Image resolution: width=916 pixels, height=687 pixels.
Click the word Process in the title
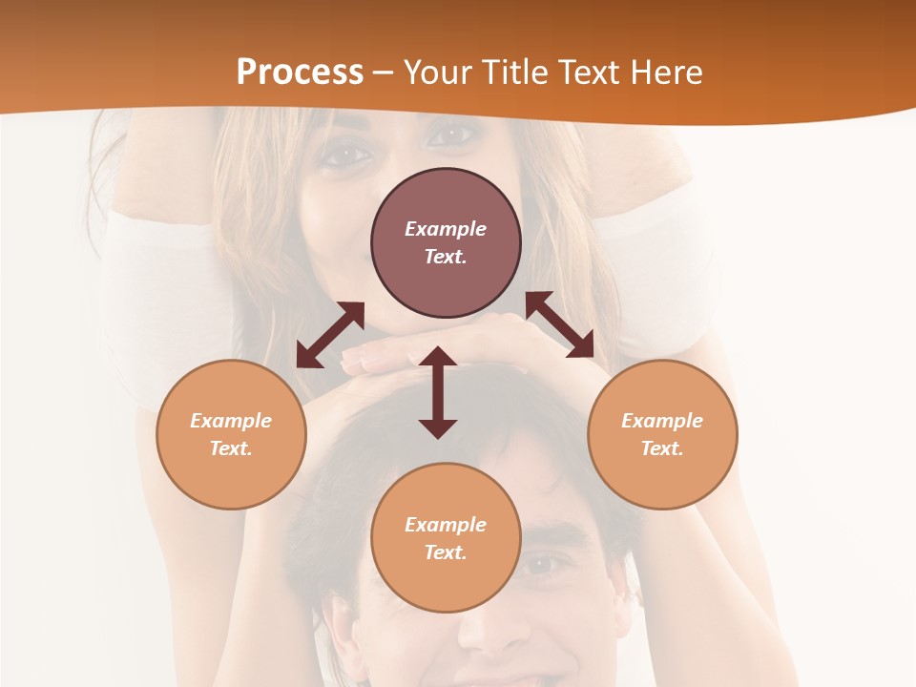(300, 72)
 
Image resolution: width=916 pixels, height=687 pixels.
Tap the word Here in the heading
(663, 72)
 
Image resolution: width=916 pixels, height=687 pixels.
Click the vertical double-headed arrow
(438, 392)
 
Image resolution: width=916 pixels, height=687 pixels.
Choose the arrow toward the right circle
(560, 324)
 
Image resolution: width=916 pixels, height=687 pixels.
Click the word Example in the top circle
(446, 229)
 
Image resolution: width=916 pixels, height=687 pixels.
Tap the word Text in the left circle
(230, 448)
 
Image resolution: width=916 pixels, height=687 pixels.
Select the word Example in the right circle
(662, 421)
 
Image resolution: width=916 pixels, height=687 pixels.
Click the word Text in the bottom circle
(445, 552)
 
